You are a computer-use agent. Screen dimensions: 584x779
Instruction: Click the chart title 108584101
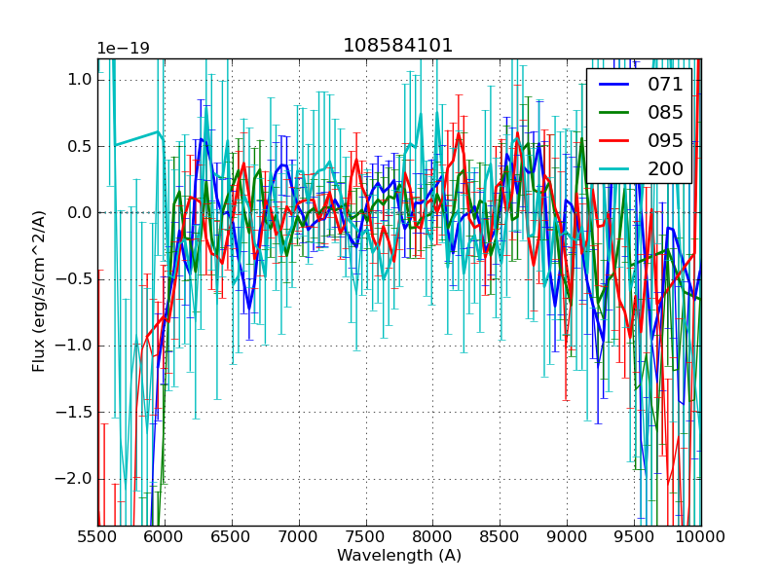pyautogui.click(x=398, y=46)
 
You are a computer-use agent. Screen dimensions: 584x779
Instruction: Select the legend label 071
pyautogui.click(x=665, y=85)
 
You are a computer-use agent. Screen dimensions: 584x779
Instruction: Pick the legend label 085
pyautogui.click(x=665, y=113)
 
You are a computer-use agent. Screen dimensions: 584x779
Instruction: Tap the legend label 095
pyautogui.click(x=665, y=141)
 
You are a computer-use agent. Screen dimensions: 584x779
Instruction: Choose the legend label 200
pyautogui.click(x=665, y=169)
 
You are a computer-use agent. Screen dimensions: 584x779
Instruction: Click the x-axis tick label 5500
pyautogui.click(x=97, y=538)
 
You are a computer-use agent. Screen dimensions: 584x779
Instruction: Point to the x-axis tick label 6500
pyautogui.click(x=232, y=538)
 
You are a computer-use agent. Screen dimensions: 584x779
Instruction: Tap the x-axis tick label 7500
pyautogui.click(x=366, y=538)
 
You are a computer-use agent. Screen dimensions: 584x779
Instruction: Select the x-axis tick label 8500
pyautogui.click(x=501, y=538)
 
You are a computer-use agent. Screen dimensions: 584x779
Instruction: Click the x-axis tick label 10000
pyautogui.click(x=701, y=538)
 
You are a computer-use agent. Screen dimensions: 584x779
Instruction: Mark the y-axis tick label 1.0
pyautogui.click(x=80, y=80)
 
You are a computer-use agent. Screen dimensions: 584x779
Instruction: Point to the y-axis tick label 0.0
pyautogui.click(x=80, y=213)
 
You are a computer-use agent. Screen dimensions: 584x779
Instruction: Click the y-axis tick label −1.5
pyautogui.click(x=76, y=413)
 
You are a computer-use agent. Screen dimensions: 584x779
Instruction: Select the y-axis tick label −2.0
pyautogui.click(x=76, y=479)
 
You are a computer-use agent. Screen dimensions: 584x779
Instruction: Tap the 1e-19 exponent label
pyautogui.click(x=123, y=49)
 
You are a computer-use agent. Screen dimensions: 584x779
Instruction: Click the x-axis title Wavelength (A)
pyautogui.click(x=398, y=556)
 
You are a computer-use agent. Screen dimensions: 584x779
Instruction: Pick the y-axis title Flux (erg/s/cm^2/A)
pyautogui.click(x=40, y=291)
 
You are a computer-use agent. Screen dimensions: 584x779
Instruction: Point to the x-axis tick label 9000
pyautogui.click(x=568, y=538)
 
